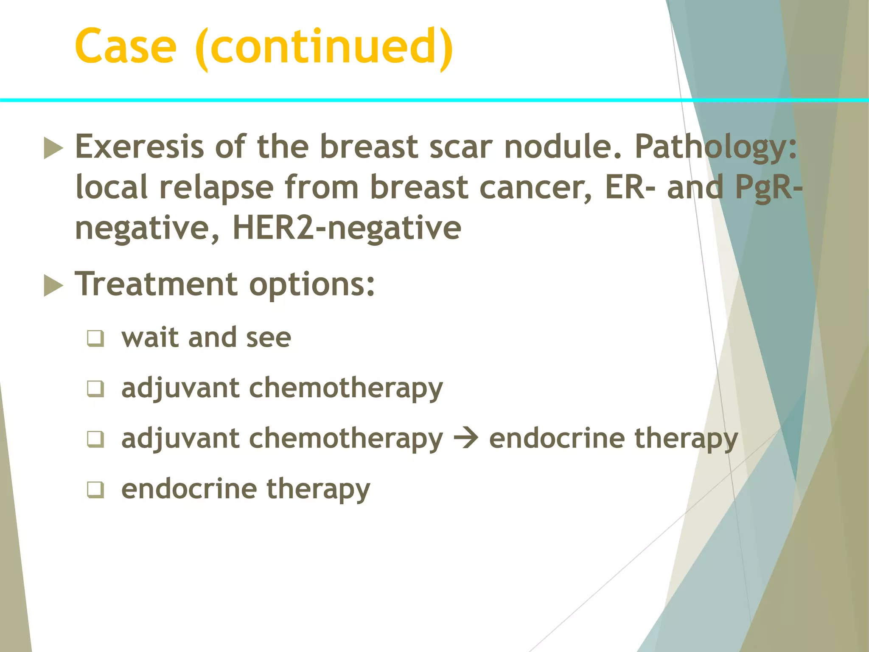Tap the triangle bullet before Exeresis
click(53, 149)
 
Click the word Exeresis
click(140, 146)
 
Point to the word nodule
click(562, 146)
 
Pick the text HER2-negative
click(347, 228)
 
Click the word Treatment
click(156, 284)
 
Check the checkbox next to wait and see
click(95, 338)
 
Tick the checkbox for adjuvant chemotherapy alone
click(95, 388)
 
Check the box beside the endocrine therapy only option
click(95, 489)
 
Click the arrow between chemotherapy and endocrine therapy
click(465, 438)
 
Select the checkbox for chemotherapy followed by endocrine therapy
click(95, 439)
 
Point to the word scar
click(461, 146)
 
